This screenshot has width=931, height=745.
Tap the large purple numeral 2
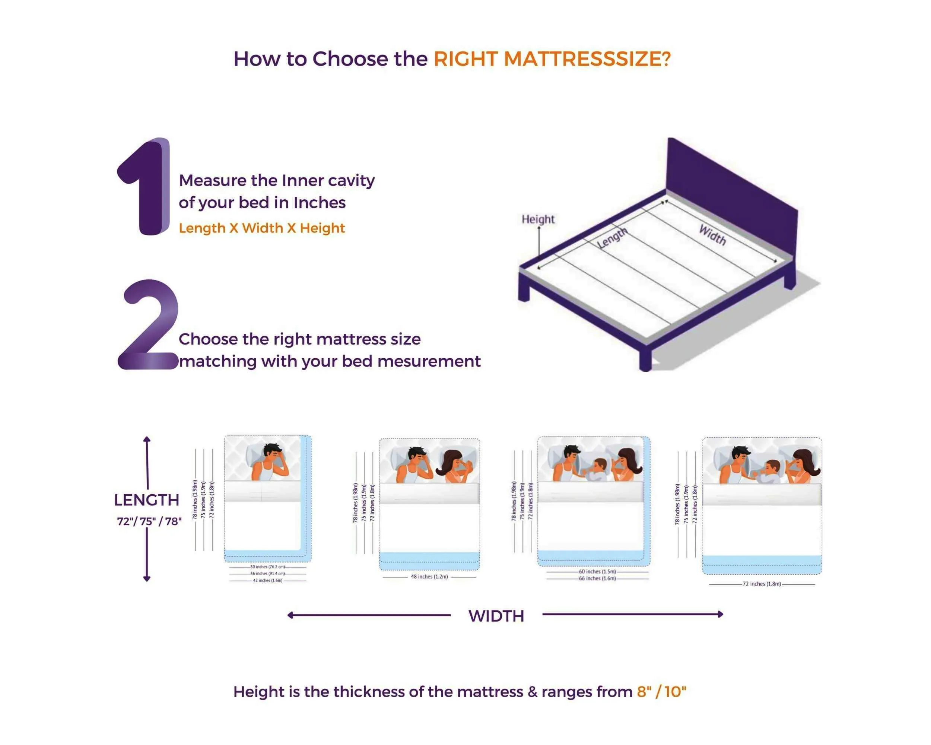tap(148, 325)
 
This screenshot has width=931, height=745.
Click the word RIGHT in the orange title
tap(465, 59)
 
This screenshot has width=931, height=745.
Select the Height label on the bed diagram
tap(538, 219)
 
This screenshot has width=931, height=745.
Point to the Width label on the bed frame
tap(712, 235)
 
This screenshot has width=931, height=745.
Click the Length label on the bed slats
tap(612, 238)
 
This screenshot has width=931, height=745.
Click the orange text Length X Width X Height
tap(262, 228)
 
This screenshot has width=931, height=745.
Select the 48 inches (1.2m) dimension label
tap(429, 577)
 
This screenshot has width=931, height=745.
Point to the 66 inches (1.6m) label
tap(598, 578)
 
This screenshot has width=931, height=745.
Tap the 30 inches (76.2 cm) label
tap(268, 567)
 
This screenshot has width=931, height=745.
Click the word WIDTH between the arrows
tap(496, 616)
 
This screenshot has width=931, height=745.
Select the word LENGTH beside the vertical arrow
tap(147, 500)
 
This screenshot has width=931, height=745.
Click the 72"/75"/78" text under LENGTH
tap(149, 522)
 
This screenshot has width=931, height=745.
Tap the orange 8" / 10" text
tap(661, 692)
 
